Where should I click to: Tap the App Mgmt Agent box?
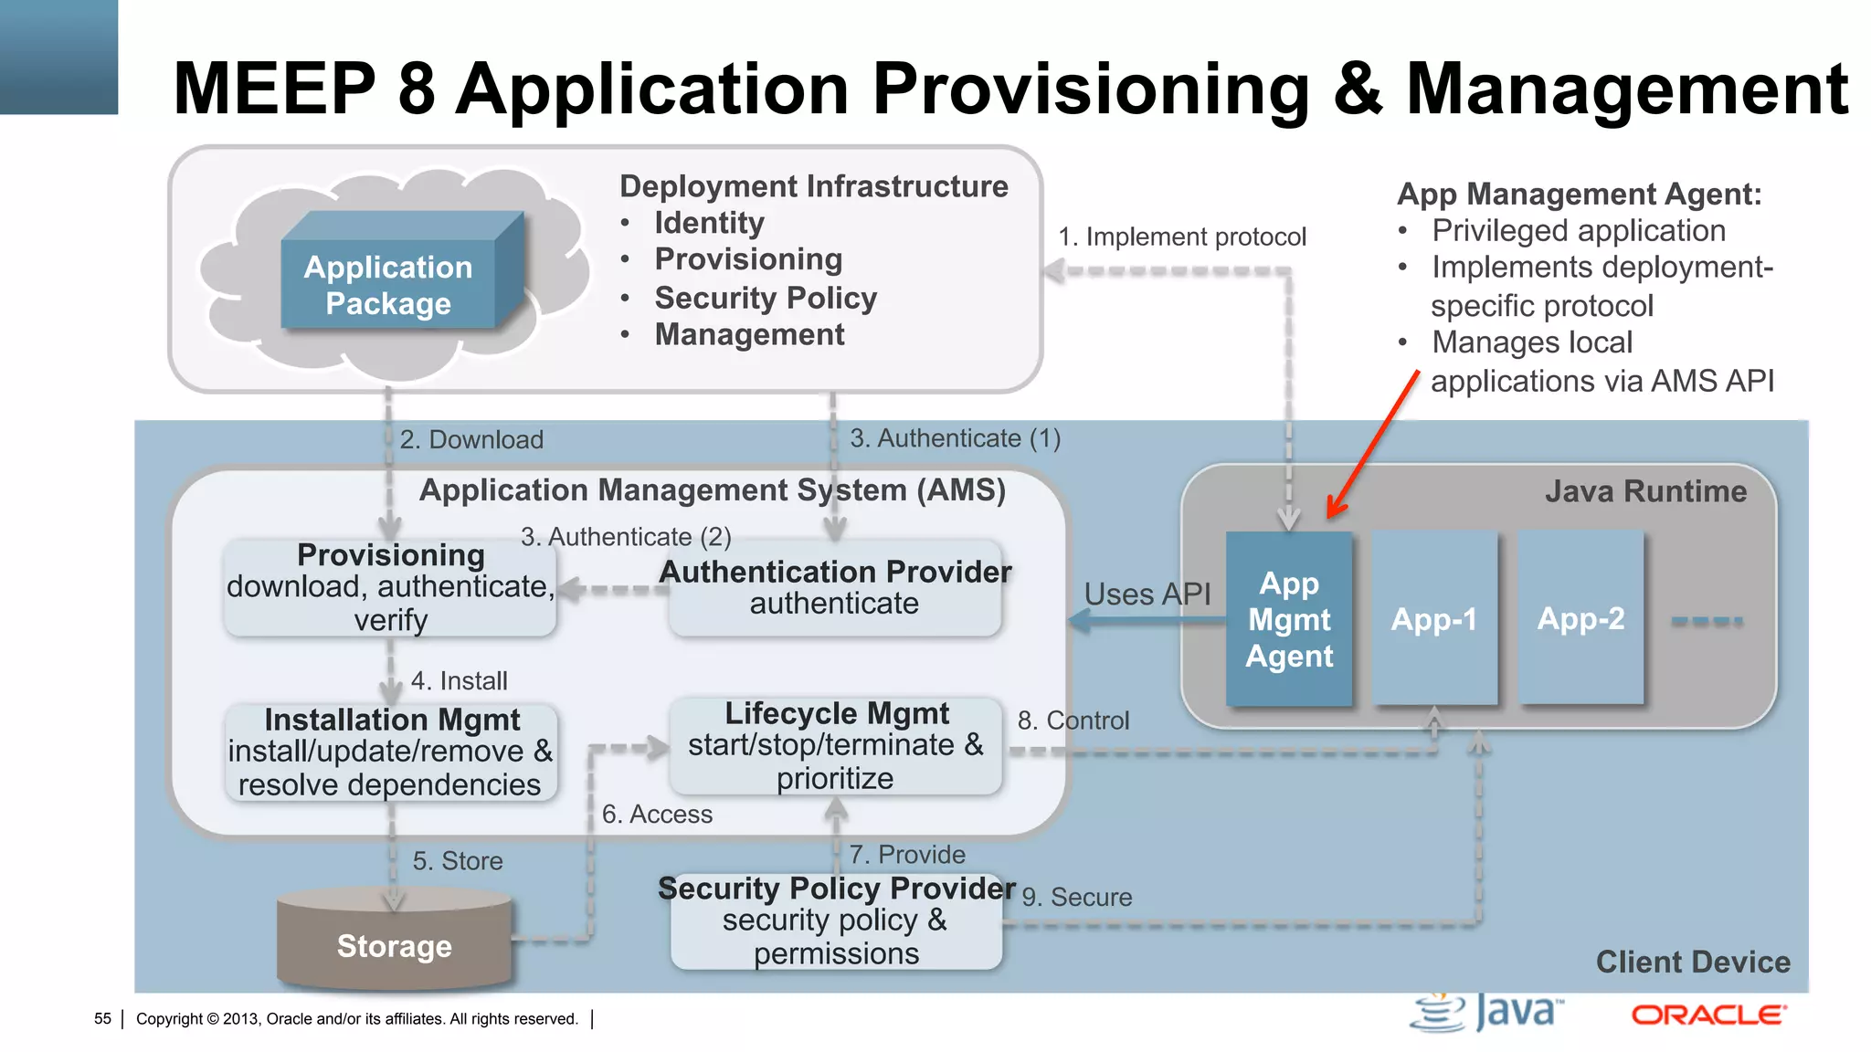pos(1288,619)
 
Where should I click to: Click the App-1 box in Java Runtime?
pos(1433,619)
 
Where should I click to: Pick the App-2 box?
pos(1580,619)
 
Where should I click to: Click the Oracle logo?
pos(1707,1015)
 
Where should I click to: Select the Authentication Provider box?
pos(835,587)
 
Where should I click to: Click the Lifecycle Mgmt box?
pos(835,745)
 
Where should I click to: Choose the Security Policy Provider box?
pos(836,920)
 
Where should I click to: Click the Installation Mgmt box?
pos(391,752)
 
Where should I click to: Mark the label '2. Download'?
pos(471,439)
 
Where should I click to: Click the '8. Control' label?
pos(1073,721)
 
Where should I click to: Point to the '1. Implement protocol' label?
pos(1182,237)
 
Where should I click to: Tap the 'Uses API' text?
pos(1147,594)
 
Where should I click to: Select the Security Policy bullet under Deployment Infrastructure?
pos(765,298)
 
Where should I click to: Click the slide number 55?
pos(102,1018)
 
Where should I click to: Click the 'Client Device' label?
pos(1692,962)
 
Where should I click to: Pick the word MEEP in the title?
pos(274,89)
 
